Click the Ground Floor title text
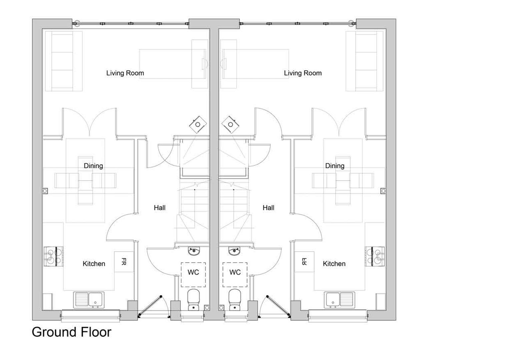[71, 332]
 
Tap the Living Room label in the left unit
[125, 73]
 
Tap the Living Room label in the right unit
[303, 73]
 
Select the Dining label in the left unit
[93, 166]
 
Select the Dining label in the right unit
[335, 166]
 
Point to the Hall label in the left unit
[159, 208]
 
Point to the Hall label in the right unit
[269, 208]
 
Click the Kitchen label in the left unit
[94, 264]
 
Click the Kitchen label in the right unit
[334, 264]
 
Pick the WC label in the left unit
[193, 272]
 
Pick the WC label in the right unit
[235, 272]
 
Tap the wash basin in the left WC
[194, 251]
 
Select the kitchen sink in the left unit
[89, 300]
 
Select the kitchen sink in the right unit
[339, 300]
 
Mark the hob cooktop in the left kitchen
[54, 256]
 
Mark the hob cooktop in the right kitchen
[375, 256]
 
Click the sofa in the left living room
[63, 61]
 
